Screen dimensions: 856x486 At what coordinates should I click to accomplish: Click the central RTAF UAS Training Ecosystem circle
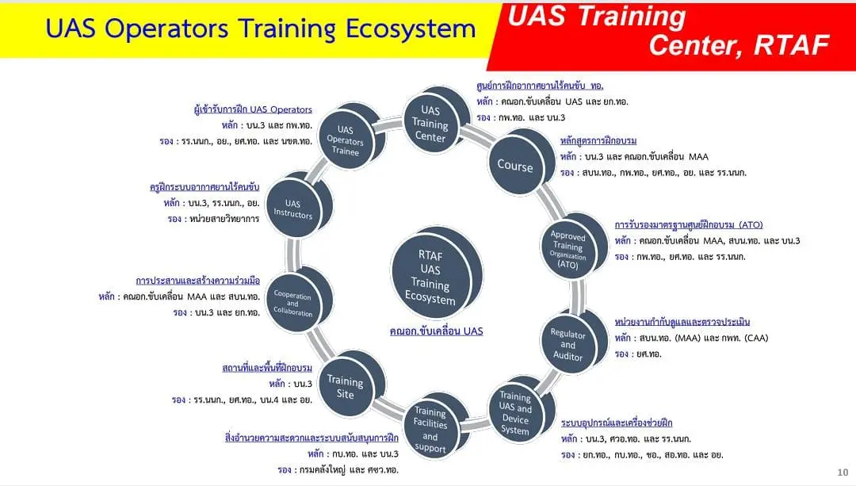[x=431, y=277]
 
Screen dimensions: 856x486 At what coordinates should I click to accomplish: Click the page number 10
[x=843, y=473]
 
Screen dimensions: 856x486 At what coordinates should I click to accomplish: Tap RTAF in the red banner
[x=792, y=44]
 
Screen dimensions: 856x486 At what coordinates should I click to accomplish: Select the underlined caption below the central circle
[x=436, y=331]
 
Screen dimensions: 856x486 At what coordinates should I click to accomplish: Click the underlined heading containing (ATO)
[x=689, y=224]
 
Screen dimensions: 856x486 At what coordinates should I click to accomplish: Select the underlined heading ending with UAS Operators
[x=253, y=109]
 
